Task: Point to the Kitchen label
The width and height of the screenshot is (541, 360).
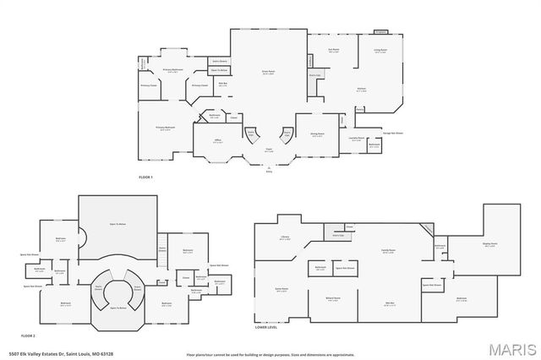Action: (x=362, y=90)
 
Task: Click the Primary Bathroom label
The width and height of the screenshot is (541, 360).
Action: (x=172, y=70)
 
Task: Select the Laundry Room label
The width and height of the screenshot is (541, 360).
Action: (x=357, y=138)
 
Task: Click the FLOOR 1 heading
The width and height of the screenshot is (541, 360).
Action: (x=147, y=177)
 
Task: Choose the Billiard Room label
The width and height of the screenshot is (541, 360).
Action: (x=332, y=298)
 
